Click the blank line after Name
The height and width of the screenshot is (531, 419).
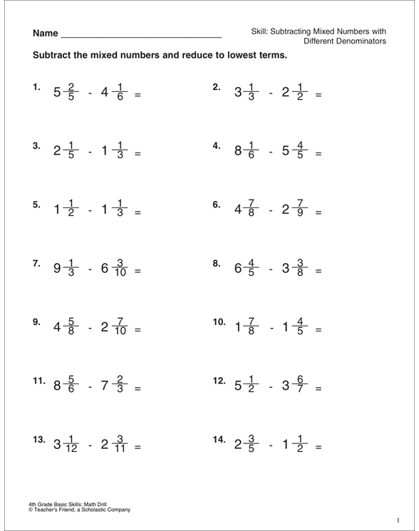[x=142, y=36]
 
